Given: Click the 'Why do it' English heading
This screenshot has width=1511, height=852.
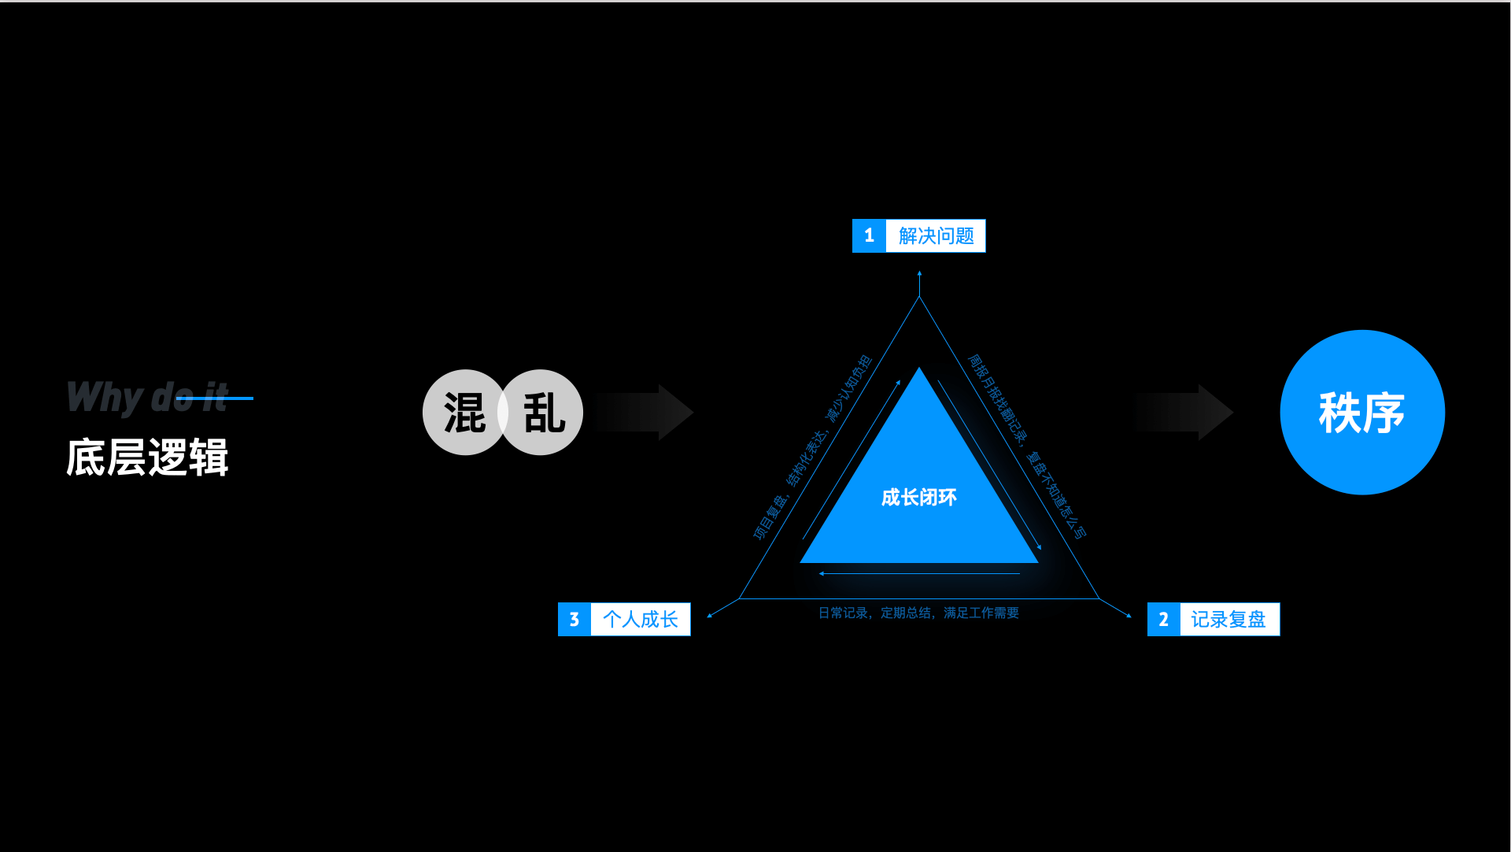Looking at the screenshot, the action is click(x=146, y=397).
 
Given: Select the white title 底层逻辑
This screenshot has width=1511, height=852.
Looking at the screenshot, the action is click(x=147, y=457).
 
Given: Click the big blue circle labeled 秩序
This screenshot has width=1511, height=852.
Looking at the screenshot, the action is click(x=1362, y=413).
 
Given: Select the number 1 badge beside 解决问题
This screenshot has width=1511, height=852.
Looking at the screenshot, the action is click(x=869, y=235).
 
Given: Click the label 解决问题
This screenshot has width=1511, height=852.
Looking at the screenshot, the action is click(x=936, y=235).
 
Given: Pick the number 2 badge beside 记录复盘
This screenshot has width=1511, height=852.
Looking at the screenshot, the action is click(x=1163, y=620).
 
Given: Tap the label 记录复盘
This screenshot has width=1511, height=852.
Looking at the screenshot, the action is click(x=1228, y=620).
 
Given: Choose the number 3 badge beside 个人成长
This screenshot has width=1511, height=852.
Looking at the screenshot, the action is click(x=574, y=620).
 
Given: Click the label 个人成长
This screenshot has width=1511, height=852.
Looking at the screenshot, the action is click(x=640, y=620).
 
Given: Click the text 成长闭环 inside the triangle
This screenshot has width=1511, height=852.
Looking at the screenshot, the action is click(x=919, y=498).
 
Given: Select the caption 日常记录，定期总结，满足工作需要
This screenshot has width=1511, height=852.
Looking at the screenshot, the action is click(x=918, y=613).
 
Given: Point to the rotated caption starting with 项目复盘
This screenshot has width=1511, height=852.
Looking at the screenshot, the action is click(x=812, y=448).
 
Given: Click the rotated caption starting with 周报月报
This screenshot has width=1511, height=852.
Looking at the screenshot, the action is click(x=1026, y=446).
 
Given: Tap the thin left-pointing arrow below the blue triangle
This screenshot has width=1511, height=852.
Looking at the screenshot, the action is click(x=919, y=573).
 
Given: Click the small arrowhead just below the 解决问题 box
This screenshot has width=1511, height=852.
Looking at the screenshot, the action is click(x=919, y=274).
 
